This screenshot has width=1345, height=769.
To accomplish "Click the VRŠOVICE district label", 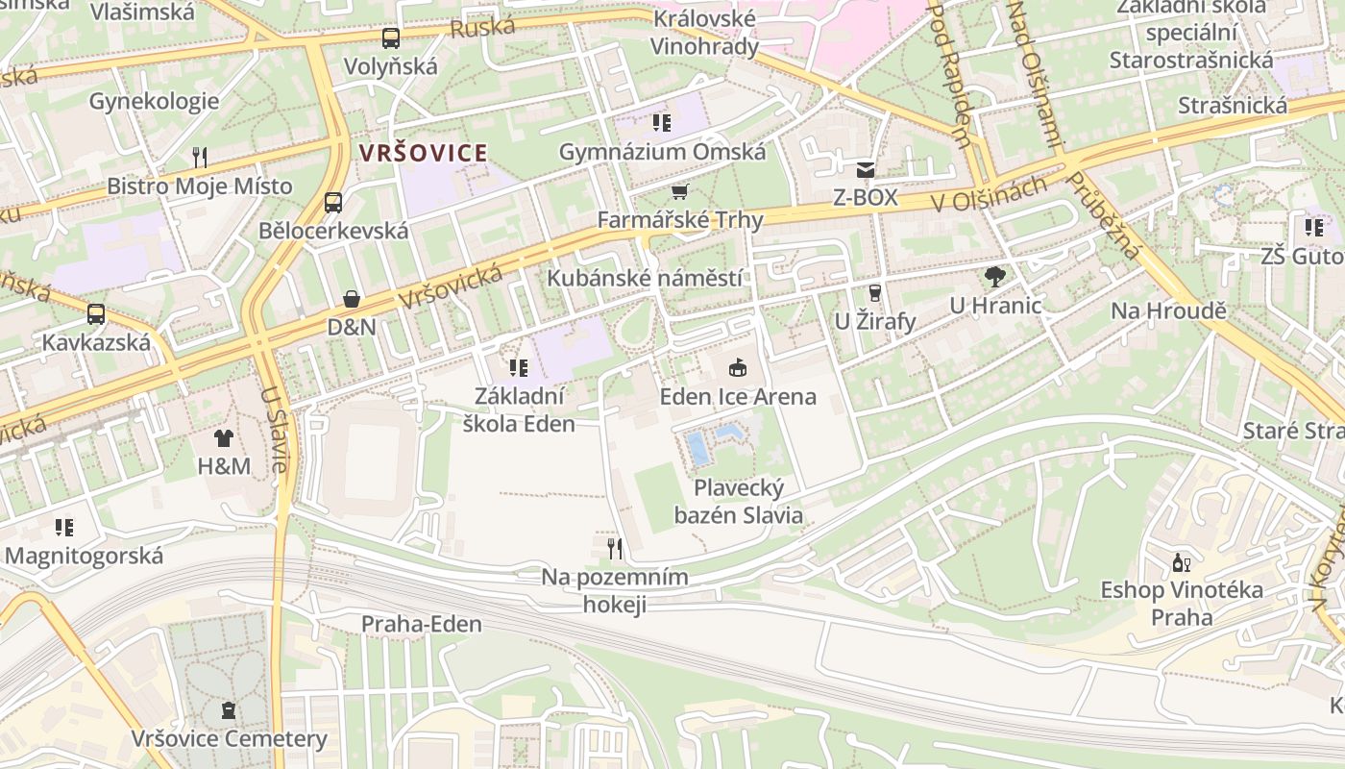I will click(423, 153).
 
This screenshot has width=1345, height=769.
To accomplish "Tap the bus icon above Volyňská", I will click(390, 38).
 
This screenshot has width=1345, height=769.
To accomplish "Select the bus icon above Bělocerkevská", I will click(333, 203).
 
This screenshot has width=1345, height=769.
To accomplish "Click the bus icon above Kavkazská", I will click(96, 314).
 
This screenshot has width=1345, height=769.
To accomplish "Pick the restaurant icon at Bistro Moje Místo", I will click(200, 157).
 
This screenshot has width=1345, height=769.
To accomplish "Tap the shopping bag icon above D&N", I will click(352, 299).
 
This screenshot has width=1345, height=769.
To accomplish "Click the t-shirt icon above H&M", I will click(224, 438).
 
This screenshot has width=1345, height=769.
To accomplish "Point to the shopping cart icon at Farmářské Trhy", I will click(680, 191).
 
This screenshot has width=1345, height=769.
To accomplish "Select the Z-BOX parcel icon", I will click(866, 170).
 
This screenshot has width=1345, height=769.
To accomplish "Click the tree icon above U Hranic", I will click(995, 277).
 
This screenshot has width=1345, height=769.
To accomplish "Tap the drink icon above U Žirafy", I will click(874, 292).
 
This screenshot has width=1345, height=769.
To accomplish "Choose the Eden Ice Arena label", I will click(738, 396).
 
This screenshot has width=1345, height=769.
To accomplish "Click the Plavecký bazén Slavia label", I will click(738, 501).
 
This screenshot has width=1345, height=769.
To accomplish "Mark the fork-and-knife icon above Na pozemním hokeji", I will click(615, 549).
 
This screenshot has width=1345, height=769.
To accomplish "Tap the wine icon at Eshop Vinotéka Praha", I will click(1182, 562).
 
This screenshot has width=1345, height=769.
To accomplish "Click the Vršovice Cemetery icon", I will click(229, 710).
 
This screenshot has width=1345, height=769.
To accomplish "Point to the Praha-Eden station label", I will click(422, 624).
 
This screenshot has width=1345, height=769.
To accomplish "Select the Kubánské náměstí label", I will click(645, 278).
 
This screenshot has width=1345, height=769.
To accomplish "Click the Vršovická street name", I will click(451, 286).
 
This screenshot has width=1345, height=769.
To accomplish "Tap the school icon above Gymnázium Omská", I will click(662, 122).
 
